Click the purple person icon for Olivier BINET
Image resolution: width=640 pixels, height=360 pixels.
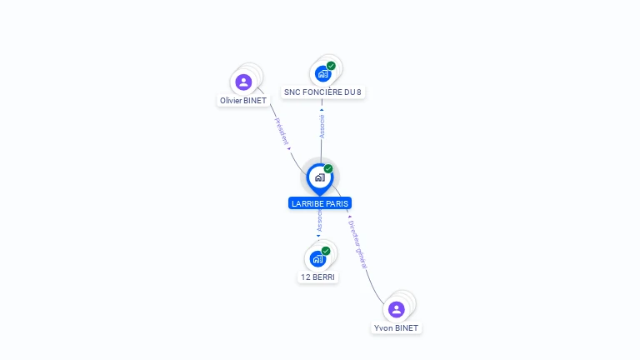click(243, 82)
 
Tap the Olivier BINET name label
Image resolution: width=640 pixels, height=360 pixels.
click(243, 100)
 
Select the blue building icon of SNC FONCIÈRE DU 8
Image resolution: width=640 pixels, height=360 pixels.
click(322, 74)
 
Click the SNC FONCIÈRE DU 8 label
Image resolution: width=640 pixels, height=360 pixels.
click(322, 92)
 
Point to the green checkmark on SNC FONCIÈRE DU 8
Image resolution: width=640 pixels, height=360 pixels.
click(331, 66)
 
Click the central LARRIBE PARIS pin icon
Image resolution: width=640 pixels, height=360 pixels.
click(320, 179)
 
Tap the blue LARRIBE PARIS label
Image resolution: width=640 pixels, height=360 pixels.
click(320, 203)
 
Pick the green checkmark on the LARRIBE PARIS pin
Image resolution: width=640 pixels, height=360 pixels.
click(328, 168)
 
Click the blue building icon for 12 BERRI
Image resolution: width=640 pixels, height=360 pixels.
click(317, 259)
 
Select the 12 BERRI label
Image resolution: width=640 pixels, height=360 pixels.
click(317, 277)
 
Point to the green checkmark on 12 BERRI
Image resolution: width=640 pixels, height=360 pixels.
click(326, 251)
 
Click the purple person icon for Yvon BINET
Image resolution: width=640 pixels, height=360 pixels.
click(397, 309)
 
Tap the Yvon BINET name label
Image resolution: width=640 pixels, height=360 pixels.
click(396, 328)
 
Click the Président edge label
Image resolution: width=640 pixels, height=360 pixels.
click(282, 132)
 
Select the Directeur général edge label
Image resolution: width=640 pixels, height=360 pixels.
click(357, 244)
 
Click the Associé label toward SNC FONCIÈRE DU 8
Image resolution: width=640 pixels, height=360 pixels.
click(322, 127)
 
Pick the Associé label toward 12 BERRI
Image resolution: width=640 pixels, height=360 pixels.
click(320, 221)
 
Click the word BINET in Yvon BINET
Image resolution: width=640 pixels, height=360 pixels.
click(406, 328)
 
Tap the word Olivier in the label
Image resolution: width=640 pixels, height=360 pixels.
click(231, 100)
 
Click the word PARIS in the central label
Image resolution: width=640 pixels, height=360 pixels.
click(337, 203)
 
